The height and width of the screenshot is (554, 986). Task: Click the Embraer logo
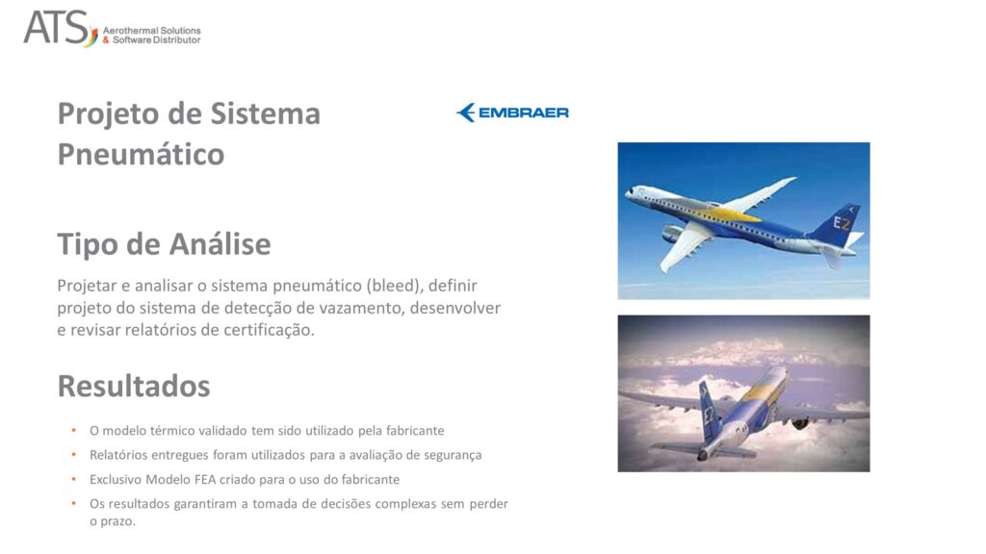click(x=512, y=113)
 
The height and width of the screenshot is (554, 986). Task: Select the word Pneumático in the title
click(x=141, y=154)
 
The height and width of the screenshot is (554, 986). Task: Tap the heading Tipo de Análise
click(x=164, y=244)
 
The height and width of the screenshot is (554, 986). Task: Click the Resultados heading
click(x=134, y=386)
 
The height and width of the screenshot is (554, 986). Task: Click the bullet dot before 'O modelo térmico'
click(x=74, y=431)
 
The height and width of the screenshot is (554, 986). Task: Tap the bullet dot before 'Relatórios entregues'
click(x=74, y=455)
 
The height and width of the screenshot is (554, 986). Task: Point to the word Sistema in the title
click(x=272, y=113)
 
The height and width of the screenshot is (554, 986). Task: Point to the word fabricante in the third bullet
click(x=369, y=479)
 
